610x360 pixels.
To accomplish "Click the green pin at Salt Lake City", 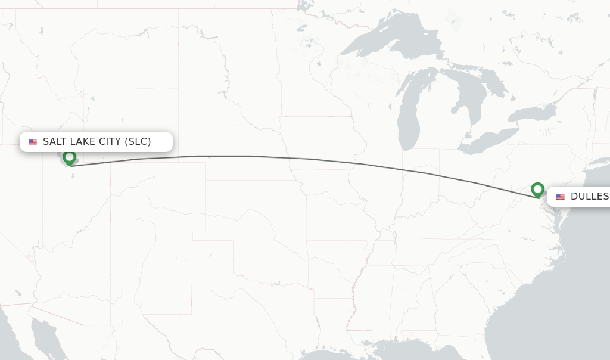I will click(x=70, y=158).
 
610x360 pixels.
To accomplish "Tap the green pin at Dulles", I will click(x=537, y=190).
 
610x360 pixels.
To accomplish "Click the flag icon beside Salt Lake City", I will click(x=33, y=142).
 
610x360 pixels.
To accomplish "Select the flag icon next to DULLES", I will click(x=560, y=197).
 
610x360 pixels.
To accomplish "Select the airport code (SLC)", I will click(x=138, y=142).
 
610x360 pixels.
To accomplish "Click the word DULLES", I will click(x=589, y=197).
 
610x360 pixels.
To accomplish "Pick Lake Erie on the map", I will click(x=488, y=140).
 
